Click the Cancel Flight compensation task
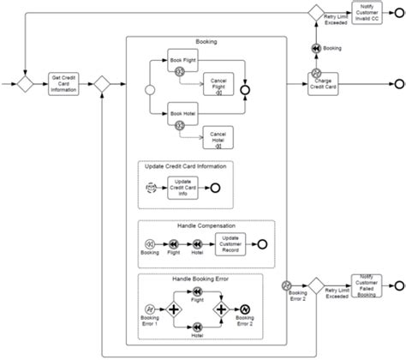[x=217, y=84]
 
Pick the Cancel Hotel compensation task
[x=217, y=135]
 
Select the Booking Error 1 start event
[x=150, y=309]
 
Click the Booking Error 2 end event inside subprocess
[x=244, y=309]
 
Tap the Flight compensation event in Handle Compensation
[x=174, y=243]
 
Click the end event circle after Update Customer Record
[x=260, y=243]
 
